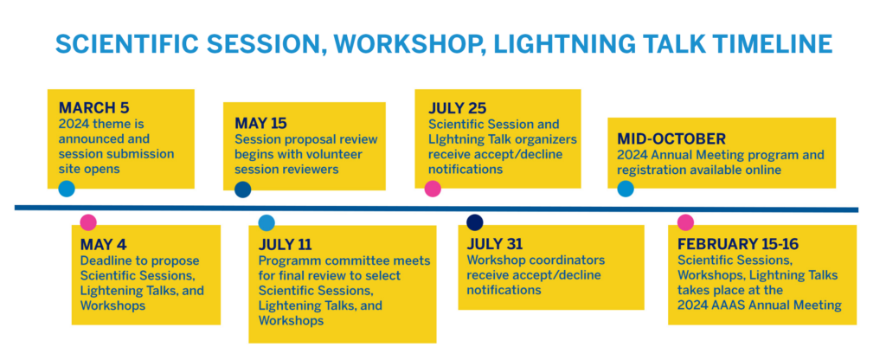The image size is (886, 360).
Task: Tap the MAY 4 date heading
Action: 104,245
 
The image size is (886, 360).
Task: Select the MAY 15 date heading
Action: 260,123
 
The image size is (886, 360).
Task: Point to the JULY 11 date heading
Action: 286,245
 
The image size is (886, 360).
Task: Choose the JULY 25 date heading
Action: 457,107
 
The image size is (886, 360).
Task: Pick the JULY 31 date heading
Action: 494,244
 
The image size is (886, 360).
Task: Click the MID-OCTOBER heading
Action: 671,139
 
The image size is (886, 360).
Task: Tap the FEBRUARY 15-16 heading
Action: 738,244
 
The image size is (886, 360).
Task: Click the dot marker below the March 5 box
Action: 67,189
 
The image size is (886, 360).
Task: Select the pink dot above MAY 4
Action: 88,222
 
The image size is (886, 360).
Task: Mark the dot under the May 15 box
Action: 243,190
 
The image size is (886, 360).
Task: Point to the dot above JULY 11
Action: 266,222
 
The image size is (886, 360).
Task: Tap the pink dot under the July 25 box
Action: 433,189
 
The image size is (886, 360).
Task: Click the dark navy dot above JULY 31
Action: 475,222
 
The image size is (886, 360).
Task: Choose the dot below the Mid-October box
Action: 626,189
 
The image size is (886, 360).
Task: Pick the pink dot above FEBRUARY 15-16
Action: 685,222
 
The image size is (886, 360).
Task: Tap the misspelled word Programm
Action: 287,261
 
